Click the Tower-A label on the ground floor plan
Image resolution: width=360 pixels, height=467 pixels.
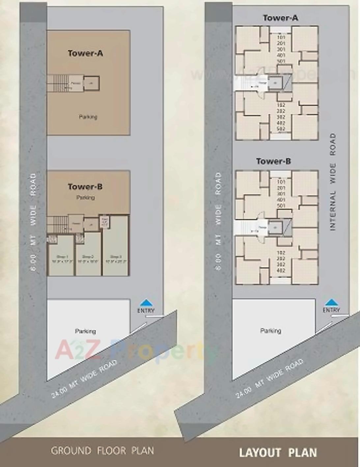(x=85, y=53)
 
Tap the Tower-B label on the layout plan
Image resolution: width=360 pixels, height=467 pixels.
(x=273, y=161)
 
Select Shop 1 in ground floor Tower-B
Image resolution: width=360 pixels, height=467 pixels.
(x=61, y=259)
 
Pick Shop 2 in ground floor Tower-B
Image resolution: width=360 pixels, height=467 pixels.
(x=88, y=259)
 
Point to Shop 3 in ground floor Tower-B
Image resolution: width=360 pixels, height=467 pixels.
(x=116, y=259)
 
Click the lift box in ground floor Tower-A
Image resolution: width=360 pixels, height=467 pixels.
(x=91, y=83)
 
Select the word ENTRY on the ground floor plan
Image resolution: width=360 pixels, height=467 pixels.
(x=146, y=311)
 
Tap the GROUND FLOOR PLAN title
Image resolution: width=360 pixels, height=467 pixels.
(x=102, y=451)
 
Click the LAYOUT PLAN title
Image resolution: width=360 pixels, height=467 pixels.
(x=278, y=453)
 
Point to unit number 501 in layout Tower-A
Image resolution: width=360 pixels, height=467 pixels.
(x=281, y=61)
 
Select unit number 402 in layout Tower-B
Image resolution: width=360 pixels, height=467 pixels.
(x=281, y=270)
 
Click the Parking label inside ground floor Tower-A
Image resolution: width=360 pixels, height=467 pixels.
(x=88, y=117)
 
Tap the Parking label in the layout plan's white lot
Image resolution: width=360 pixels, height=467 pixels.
(x=271, y=331)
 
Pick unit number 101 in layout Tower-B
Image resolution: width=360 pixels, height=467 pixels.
(x=281, y=182)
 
